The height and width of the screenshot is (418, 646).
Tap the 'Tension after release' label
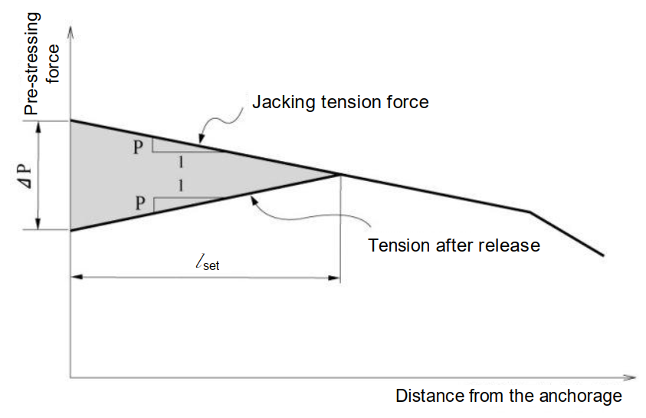(454, 245)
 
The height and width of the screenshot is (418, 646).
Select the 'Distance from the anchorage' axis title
(509, 397)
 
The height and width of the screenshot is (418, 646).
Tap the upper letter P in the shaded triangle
(138, 147)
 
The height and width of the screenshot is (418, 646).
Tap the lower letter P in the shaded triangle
(138, 204)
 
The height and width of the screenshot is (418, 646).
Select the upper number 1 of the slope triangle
(181, 162)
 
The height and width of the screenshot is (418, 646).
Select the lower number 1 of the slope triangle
(181, 186)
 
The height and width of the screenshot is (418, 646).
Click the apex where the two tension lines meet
(339, 174)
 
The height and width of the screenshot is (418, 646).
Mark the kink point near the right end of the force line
(530, 211)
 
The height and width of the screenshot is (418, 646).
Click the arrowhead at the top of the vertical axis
(71, 31)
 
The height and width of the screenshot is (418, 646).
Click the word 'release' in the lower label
(513, 245)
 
